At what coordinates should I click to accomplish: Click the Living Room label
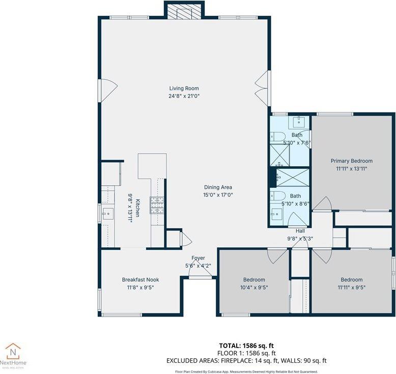point(183,89)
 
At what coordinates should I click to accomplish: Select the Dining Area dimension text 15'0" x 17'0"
point(218,194)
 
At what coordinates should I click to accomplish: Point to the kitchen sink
point(108,213)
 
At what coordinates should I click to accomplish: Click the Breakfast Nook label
point(140,279)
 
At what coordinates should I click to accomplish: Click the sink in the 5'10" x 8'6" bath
point(277,213)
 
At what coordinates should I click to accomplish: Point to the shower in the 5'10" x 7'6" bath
point(278,156)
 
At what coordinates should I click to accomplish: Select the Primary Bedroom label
point(351,161)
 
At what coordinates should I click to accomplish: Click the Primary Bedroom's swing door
point(322,204)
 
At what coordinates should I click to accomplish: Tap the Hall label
point(300,231)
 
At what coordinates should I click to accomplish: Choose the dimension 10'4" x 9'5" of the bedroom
point(253,287)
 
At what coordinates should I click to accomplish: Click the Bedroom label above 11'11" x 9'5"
point(351,279)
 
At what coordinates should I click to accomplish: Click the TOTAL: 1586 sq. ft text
point(246,346)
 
